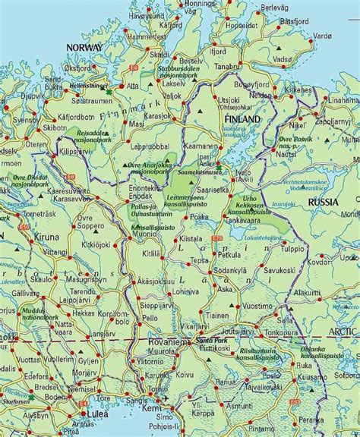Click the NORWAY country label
coord(84,47)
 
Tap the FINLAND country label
coord(242,120)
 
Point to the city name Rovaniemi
coord(168,342)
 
